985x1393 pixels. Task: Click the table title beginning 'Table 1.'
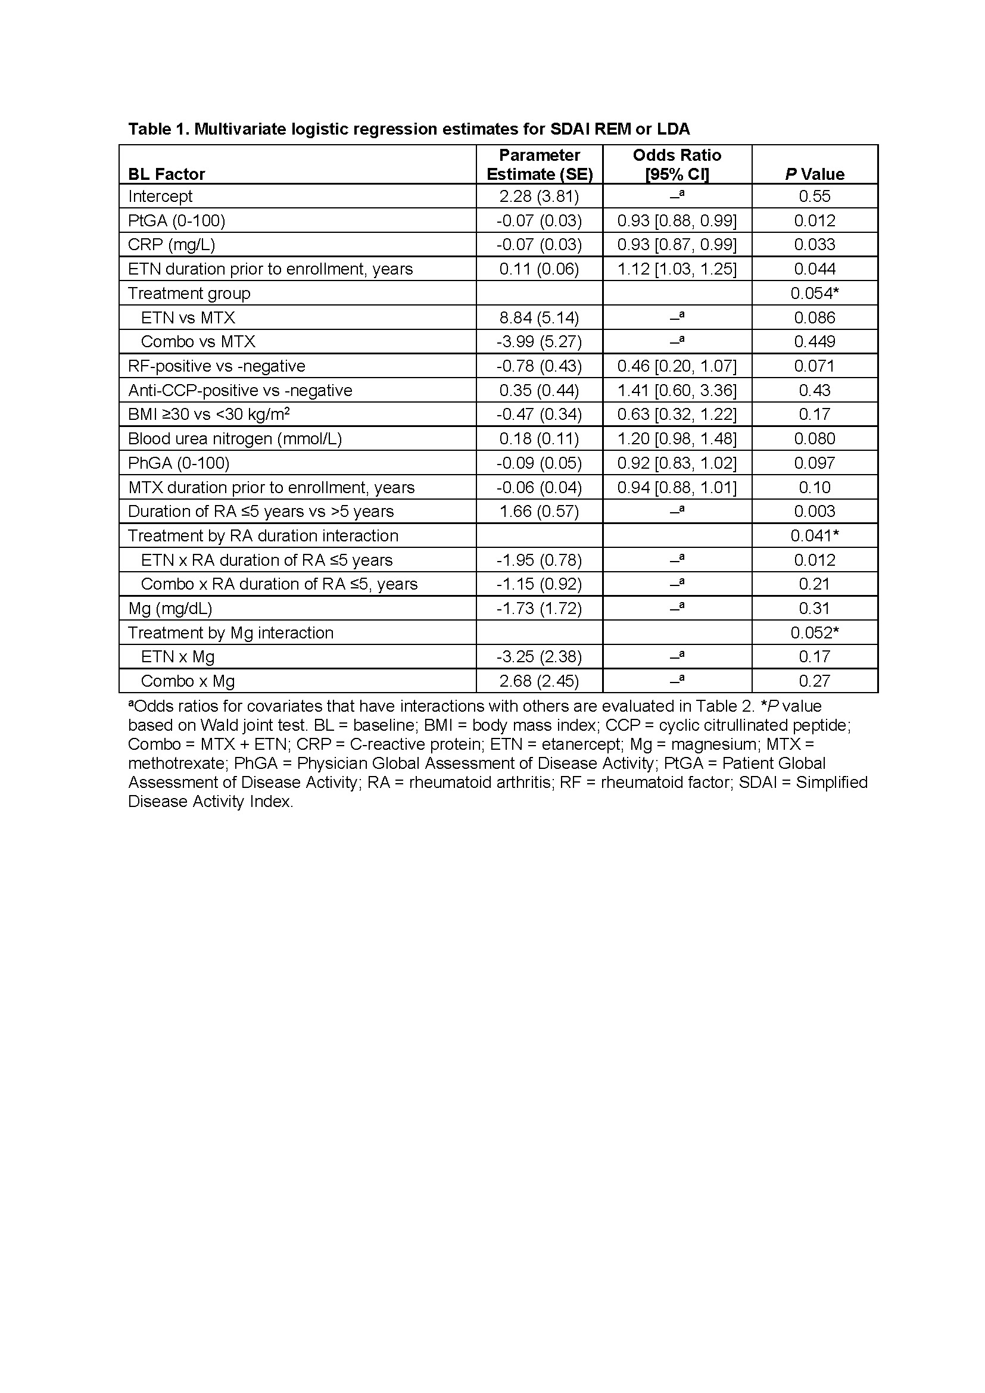point(409,129)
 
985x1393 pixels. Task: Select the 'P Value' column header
point(815,174)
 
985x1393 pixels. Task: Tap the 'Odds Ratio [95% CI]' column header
point(677,164)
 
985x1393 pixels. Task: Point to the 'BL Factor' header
point(167,174)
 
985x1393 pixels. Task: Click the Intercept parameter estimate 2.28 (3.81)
point(539,196)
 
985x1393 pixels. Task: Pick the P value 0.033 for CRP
point(815,245)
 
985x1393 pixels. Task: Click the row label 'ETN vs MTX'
point(188,317)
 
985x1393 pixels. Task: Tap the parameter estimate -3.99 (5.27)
point(539,342)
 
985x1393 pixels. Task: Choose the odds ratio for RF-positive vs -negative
point(677,366)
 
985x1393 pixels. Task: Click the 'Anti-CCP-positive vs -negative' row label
point(240,390)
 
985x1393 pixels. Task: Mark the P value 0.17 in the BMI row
point(815,415)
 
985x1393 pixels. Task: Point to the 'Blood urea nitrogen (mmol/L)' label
point(235,439)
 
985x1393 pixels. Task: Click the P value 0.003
point(815,512)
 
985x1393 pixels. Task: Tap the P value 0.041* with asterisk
point(815,536)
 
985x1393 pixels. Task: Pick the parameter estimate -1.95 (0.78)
point(539,560)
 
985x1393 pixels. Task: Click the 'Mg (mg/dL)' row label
point(170,608)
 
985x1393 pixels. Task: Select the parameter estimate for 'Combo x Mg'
point(539,681)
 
